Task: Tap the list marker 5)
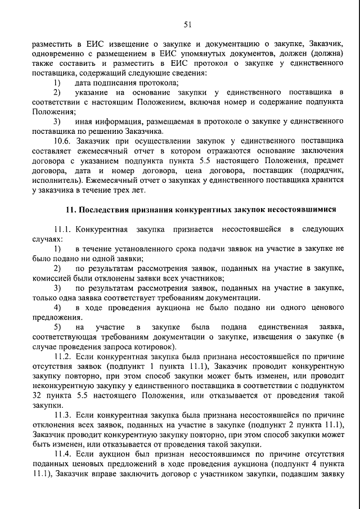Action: point(57,327)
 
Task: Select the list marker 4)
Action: point(57,307)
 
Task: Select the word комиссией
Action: point(49,278)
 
